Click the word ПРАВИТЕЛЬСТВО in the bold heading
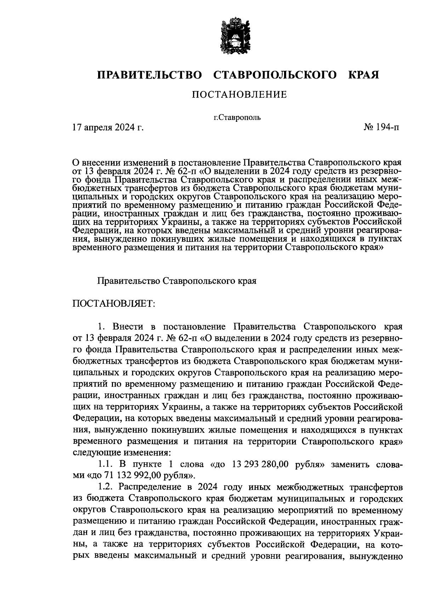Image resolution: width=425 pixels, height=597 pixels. click(149, 75)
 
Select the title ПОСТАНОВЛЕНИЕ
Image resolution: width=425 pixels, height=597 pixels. click(239, 95)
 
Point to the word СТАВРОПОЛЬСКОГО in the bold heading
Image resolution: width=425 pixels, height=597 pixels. click(275, 75)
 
